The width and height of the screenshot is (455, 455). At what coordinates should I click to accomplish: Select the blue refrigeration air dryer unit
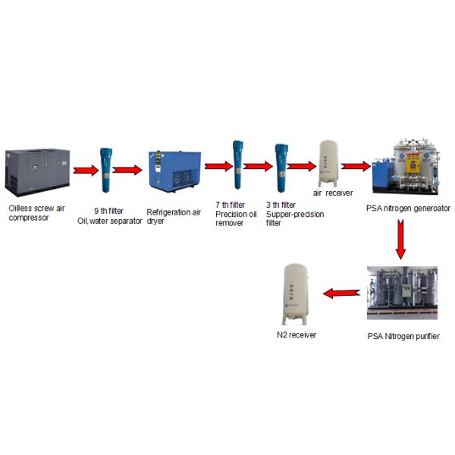point(174,171)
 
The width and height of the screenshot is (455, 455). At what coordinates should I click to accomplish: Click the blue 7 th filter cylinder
point(237,165)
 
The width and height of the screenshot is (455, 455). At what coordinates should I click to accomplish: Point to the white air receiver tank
point(328,162)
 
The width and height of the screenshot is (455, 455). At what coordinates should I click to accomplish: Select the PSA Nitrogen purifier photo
point(401,293)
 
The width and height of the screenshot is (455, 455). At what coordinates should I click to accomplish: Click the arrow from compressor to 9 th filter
point(85,170)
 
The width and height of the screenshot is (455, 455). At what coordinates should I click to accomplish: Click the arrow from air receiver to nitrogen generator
point(355,165)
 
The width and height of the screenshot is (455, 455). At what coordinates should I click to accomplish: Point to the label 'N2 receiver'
point(296,334)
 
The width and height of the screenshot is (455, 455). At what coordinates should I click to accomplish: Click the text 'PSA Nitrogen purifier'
point(402,336)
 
